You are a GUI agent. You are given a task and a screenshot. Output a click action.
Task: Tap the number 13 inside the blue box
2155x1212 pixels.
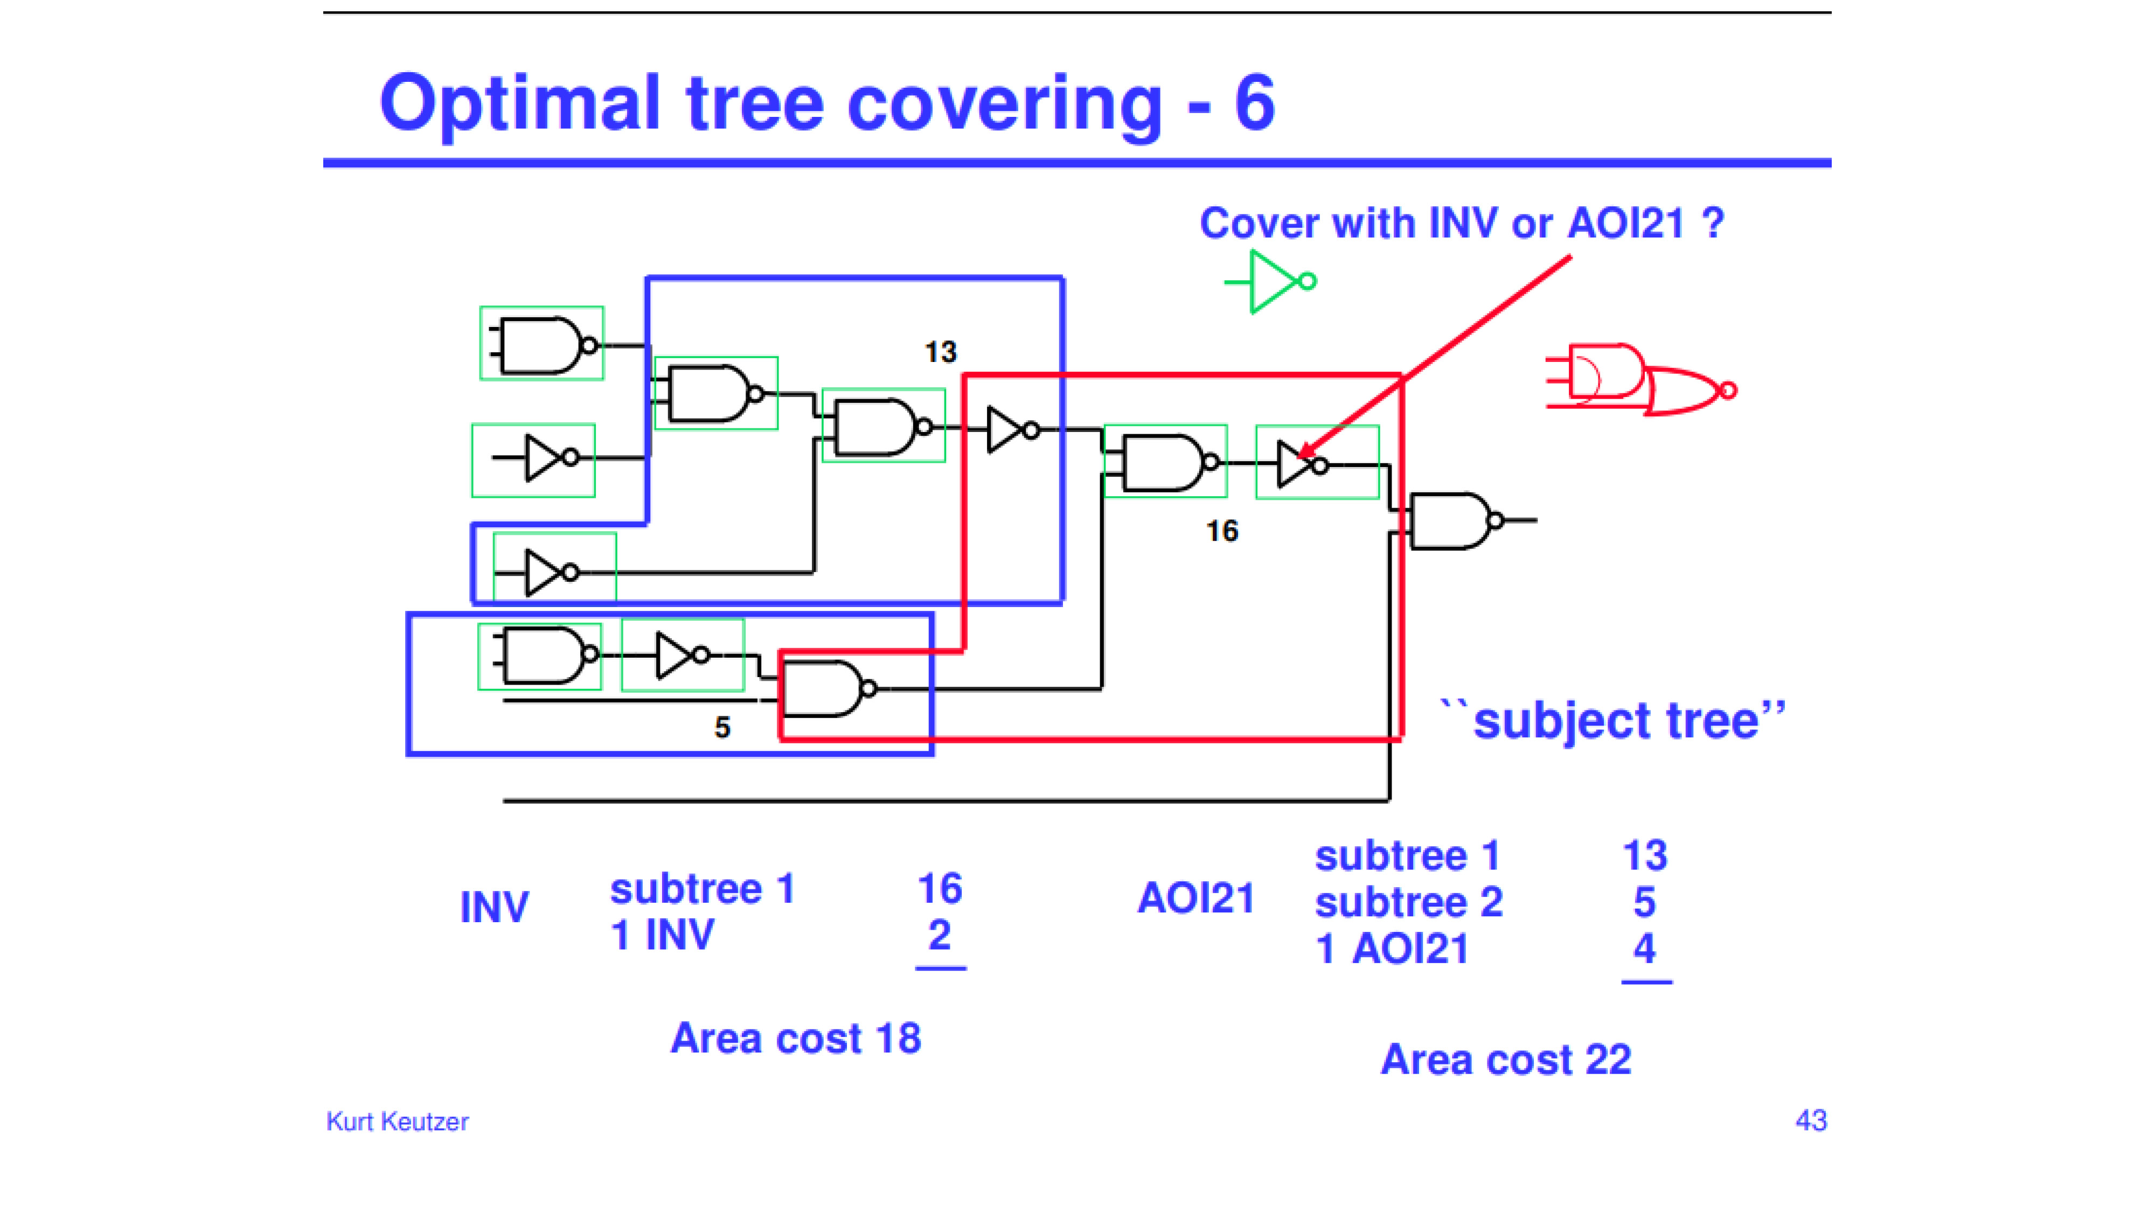tap(940, 352)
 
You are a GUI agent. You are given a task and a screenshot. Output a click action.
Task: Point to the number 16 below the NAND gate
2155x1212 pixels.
tap(1221, 531)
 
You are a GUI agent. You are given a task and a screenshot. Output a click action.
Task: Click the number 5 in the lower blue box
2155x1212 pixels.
tap(722, 728)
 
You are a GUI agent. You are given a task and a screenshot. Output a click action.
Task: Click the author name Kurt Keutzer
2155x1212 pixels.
tap(398, 1122)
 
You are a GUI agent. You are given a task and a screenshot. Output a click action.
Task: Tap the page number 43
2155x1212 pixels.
tap(1811, 1121)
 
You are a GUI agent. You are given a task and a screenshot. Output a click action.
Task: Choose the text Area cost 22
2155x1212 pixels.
tap(1506, 1060)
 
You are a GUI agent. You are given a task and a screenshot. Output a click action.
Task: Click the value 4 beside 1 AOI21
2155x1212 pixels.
tap(1645, 949)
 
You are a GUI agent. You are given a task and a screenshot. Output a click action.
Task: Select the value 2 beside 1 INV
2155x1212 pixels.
tap(940, 935)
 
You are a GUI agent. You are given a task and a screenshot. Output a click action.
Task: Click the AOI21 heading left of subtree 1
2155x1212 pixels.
tap(1196, 898)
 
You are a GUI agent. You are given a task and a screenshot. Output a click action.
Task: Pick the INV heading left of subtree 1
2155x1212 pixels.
tap(495, 907)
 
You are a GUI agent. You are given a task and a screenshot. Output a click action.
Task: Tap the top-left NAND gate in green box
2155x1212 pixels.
tap(544, 344)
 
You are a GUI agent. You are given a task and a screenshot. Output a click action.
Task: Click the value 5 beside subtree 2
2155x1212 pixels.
tap(1645, 902)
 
